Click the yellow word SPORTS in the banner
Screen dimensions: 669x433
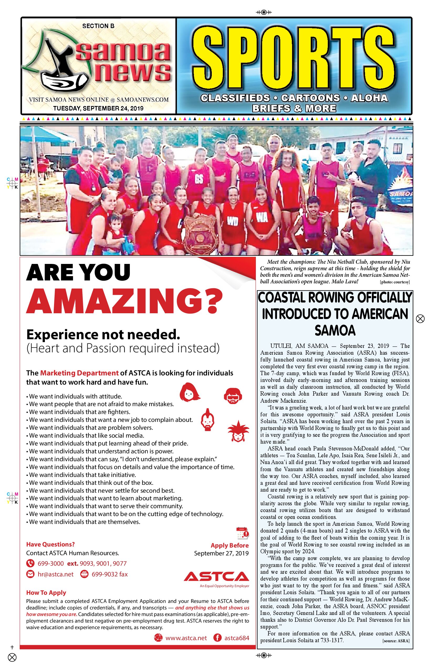294,58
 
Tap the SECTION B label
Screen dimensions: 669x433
98,26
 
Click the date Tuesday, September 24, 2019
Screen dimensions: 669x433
98,108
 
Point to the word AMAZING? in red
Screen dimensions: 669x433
124,300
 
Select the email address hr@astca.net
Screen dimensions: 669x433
55,574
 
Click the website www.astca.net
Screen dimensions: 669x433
186,638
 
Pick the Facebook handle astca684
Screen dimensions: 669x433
236,638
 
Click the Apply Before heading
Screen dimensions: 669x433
229,545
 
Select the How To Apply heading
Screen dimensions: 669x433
46,593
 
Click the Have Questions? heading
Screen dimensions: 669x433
50,544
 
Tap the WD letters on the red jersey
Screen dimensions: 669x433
233,222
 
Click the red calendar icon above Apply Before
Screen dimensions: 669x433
242,533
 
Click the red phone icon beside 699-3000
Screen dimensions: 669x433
30,564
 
